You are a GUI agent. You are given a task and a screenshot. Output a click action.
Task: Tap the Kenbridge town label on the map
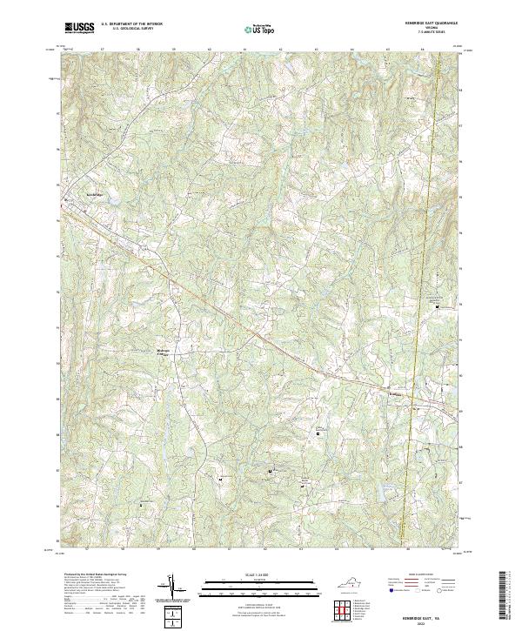click(x=93, y=193)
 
